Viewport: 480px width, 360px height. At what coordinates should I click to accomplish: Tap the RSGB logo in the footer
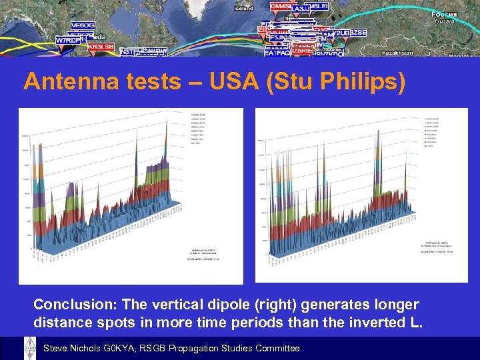(x=30, y=348)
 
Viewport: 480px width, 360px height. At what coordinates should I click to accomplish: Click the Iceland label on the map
(x=244, y=9)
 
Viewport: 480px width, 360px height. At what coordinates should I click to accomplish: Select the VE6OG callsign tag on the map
(x=83, y=25)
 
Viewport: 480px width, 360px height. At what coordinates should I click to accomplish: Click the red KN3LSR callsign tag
(x=97, y=47)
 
